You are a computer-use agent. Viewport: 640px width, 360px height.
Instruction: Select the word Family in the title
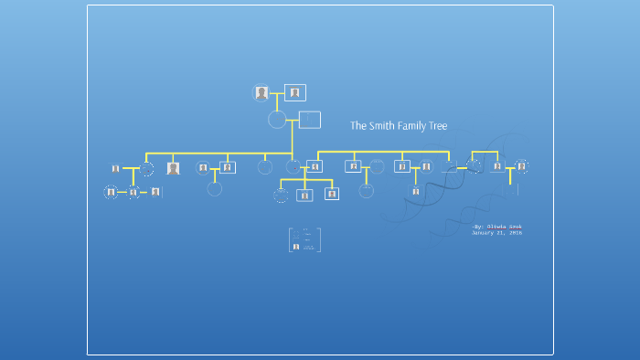411,126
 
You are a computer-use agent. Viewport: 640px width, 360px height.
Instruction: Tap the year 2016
516,233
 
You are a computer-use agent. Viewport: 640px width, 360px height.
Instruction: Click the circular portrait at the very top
262,92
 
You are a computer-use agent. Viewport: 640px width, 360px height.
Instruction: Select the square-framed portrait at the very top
294,92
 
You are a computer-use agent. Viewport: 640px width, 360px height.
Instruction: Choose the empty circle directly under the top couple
277,120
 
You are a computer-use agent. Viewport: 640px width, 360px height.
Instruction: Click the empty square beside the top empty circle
310,120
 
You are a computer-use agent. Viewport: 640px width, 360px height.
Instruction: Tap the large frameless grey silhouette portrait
173,168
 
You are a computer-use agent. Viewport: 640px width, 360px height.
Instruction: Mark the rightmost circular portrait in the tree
521,166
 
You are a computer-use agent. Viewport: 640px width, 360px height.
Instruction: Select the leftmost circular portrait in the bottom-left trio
112,192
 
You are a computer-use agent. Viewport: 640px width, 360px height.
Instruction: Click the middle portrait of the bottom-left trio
133,192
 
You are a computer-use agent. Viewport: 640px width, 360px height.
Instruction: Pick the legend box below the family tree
304,240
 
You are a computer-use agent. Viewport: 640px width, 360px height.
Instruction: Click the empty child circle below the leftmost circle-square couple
215,189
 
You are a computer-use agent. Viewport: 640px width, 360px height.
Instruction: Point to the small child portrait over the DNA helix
415,191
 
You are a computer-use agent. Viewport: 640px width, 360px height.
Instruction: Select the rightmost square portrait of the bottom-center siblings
332,194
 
